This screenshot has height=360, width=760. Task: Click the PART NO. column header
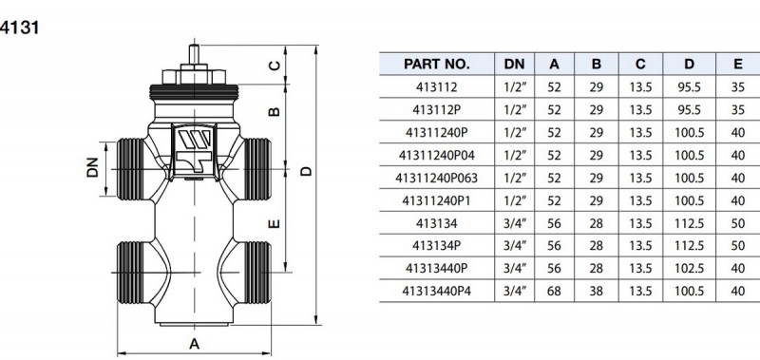click(x=436, y=64)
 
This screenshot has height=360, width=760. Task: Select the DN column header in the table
click(x=514, y=64)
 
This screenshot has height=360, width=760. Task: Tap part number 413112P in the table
click(x=436, y=110)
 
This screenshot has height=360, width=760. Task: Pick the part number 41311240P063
click(x=436, y=178)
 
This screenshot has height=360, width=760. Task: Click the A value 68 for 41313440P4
click(x=554, y=292)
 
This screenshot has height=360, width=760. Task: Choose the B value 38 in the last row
click(x=597, y=292)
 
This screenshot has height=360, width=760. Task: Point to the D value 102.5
click(x=689, y=269)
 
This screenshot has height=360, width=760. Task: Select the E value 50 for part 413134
click(x=738, y=223)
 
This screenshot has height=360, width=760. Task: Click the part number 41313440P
click(x=436, y=269)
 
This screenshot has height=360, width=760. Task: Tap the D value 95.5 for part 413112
click(x=689, y=87)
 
